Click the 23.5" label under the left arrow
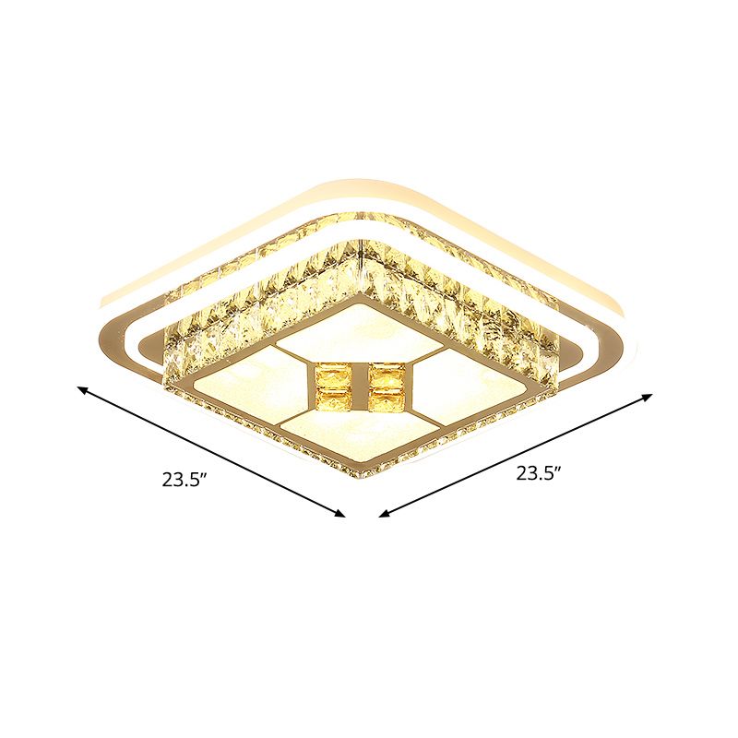(182, 479)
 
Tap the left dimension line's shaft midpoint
(212, 452)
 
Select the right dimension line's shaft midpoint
(516, 455)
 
